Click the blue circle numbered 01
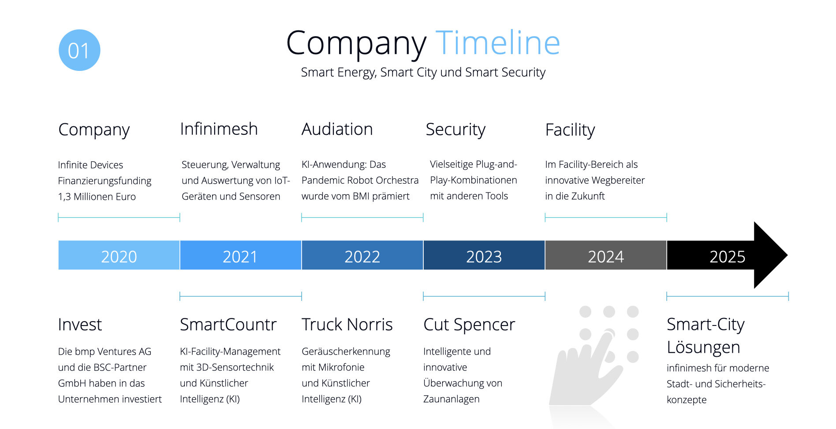(79, 50)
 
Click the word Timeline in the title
(498, 43)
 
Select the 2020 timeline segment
(119, 255)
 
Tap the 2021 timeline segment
(241, 255)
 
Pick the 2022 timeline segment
(362, 255)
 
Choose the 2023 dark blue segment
(484, 255)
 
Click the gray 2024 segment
(606, 255)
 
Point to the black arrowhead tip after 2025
(787, 255)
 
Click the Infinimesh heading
(219, 129)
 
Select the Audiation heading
(337, 129)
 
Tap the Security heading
(455, 130)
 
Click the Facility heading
(570, 130)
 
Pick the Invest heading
(80, 325)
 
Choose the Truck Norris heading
(347, 325)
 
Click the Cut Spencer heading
(469, 325)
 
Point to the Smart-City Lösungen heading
(705, 336)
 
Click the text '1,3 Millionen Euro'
(97, 196)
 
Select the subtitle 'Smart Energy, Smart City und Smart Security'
(423, 72)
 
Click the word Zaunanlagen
(452, 399)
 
